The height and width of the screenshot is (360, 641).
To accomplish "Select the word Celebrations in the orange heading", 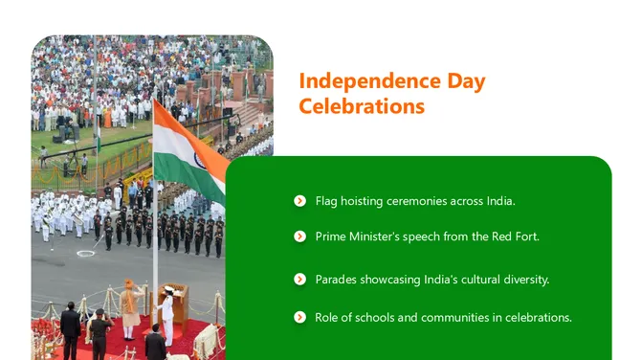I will pos(362,106).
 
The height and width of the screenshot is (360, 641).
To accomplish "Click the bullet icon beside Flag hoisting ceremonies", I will pos(300,201).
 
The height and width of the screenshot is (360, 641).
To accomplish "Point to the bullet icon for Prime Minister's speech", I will pos(300,236).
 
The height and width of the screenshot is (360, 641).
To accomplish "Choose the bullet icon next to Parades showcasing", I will pos(300,280).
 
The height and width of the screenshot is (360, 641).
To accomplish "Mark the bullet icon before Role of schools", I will pos(300,317).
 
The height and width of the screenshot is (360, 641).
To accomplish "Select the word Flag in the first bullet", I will pos(327,201).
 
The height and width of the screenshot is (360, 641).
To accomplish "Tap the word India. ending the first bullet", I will pos(500,201).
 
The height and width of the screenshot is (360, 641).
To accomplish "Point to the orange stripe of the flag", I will pos(177,122).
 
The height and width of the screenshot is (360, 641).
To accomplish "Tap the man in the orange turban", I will pos(129,306).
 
